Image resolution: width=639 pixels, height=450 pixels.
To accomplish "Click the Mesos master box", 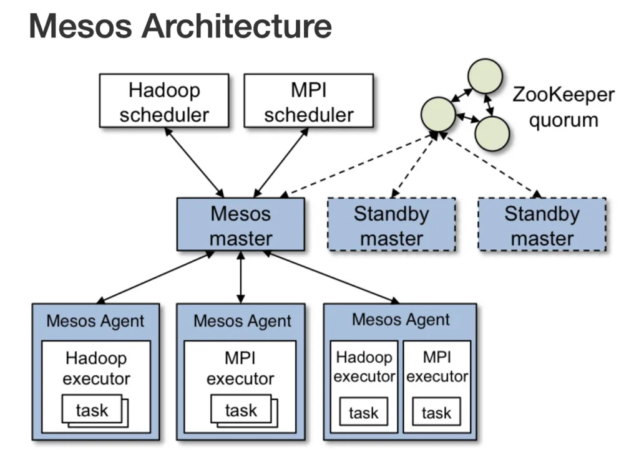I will (x=240, y=226).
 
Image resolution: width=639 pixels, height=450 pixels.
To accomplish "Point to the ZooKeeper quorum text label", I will (x=563, y=107).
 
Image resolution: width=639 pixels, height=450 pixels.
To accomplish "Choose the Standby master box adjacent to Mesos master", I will (x=391, y=226).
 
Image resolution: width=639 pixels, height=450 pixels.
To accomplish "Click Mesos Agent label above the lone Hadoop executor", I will (x=95, y=321).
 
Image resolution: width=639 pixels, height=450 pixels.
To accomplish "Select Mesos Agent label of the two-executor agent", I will (x=401, y=320).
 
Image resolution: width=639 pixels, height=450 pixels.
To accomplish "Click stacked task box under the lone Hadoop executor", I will (x=92, y=410).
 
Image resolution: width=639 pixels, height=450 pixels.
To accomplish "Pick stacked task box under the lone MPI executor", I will (x=241, y=410).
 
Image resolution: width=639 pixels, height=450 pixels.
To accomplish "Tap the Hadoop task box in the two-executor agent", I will (x=363, y=413).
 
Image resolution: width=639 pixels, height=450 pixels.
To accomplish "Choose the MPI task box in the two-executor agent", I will (x=436, y=413).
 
